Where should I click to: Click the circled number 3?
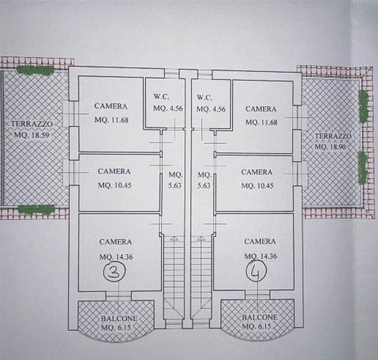[115, 271]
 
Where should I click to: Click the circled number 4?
[256, 270]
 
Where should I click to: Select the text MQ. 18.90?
[330, 147]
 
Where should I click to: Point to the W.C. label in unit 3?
[161, 97]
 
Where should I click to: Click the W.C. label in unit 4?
[204, 98]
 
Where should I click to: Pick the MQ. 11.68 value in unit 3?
[111, 120]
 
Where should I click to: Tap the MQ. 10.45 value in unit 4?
[257, 185]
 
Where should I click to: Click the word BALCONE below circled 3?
[119, 319]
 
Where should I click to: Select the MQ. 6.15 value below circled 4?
[256, 326]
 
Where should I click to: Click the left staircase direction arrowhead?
[174, 238]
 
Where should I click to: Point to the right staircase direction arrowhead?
[201, 238]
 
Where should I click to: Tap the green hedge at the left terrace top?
[35, 70]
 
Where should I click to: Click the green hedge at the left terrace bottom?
[36, 210]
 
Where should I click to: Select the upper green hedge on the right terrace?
[363, 106]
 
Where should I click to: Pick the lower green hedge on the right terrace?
[363, 167]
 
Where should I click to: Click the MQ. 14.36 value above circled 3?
[116, 257]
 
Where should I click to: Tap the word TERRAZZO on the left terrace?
[31, 124]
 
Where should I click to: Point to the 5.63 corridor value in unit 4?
[204, 185]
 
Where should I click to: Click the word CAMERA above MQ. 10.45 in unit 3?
[114, 172]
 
